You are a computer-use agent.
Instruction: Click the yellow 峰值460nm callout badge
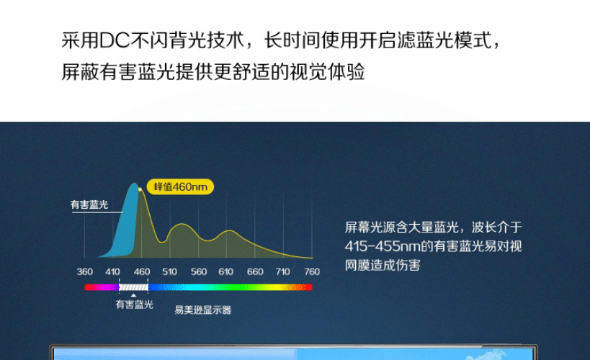pyautogui.click(x=180, y=186)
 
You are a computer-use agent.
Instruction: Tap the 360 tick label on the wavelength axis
pyautogui.click(x=85, y=271)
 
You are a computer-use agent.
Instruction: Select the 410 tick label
pyautogui.click(x=112, y=271)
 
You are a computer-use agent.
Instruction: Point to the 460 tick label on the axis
pyautogui.click(x=142, y=271)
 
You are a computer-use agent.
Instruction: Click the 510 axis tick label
pyautogui.click(x=170, y=271)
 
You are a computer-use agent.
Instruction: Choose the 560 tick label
pyautogui.click(x=199, y=271)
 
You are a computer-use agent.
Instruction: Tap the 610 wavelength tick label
pyautogui.click(x=225, y=271)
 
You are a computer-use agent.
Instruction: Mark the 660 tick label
pyautogui.click(x=255, y=271)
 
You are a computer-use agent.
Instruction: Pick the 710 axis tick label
pyautogui.click(x=282, y=271)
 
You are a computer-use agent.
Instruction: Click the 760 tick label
pyautogui.click(x=312, y=271)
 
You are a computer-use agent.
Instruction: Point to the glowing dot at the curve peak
pyautogui.click(x=140, y=189)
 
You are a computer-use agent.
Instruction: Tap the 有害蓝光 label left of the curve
pyautogui.click(x=89, y=204)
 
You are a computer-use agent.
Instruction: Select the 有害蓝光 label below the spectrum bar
pyautogui.click(x=134, y=305)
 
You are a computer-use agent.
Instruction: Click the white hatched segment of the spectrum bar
pyautogui.click(x=133, y=287)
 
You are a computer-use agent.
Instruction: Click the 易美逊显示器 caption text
pyautogui.click(x=203, y=310)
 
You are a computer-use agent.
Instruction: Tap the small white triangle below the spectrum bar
pyautogui.click(x=133, y=295)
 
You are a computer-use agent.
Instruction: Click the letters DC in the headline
pyautogui.click(x=115, y=40)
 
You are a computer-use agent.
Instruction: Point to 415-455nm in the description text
pyautogui.click(x=383, y=246)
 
